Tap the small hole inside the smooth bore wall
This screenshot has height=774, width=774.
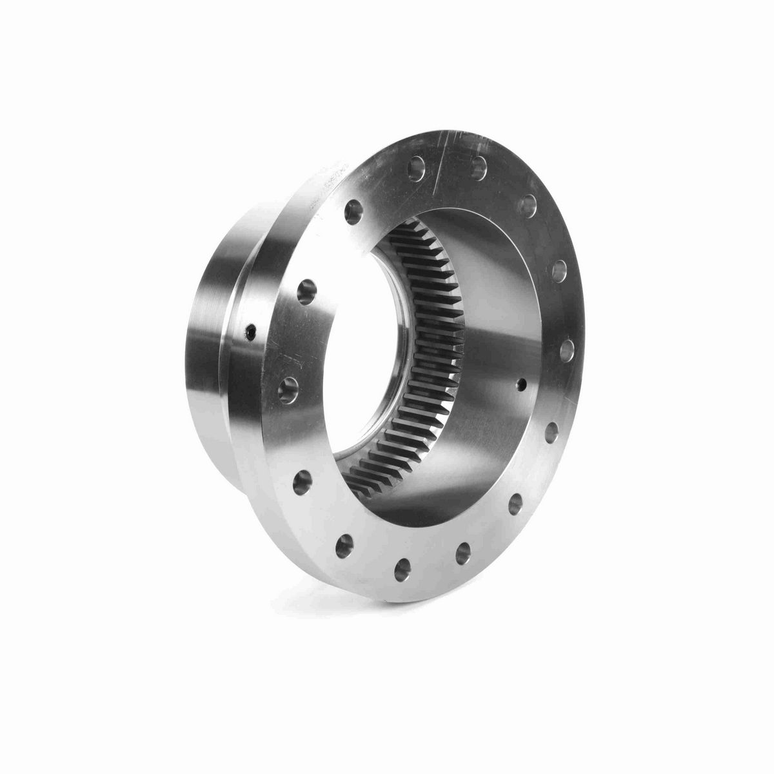522,384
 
